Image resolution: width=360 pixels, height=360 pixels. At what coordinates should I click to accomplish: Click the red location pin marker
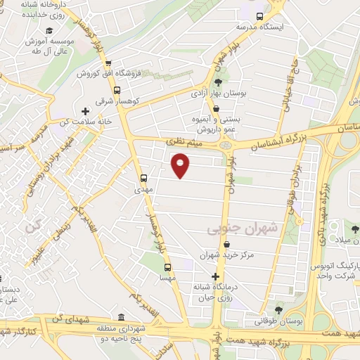coord(181,165)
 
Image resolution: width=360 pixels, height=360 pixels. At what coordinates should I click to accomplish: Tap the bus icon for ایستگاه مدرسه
coord(259,16)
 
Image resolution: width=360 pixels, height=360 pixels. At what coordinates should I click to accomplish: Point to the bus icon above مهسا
coord(167,267)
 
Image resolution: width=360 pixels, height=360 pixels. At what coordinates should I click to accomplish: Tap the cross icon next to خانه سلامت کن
coord(86,111)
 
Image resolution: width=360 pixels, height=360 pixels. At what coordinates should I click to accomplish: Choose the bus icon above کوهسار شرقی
coord(117,90)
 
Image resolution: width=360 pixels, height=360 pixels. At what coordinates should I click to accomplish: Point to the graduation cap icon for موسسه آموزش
coord(49,30)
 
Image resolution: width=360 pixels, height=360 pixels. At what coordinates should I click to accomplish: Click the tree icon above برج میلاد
coord(356,229)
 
